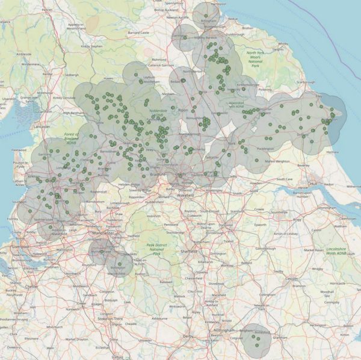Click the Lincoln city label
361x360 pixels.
(291, 279)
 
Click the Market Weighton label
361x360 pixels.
(276, 161)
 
